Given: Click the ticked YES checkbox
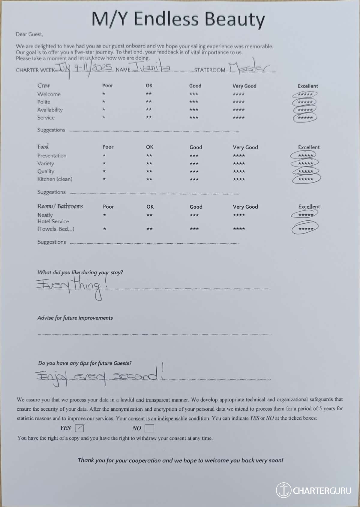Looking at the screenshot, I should pyautogui.click(x=79, y=428).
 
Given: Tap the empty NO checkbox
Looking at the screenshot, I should pyautogui.click(x=149, y=428).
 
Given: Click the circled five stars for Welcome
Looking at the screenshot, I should pyautogui.click(x=305, y=94).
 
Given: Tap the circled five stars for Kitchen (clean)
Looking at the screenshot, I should pyautogui.click(x=306, y=179).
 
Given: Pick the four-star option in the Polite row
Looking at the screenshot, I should pyautogui.click(x=238, y=102).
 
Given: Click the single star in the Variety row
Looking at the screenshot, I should pyautogui.click(x=104, y=163).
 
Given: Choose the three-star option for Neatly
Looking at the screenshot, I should pyautogui.click(x=194, y=215).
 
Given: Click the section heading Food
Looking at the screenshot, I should pyautogui.click(x=43, y=147).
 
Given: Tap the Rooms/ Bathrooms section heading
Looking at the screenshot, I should pyautogui.click(x=60, y=206).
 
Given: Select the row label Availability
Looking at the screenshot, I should pyautogui.click(x=50, y=110).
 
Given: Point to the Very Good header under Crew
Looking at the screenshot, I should pyautogui.click(x=244, y=86).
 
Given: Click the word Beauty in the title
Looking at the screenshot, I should pyautogui.click(x=235, y=19).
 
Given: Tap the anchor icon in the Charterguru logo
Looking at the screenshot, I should pyautogui.click(x=283, y=490).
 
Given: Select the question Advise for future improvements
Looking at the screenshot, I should pyautogui.click(x=75, y=318).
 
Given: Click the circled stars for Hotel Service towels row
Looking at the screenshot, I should pyautogui.click(x=305, y=228).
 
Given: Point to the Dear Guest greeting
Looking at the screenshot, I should pyautogui.click(x=29, y=35).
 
